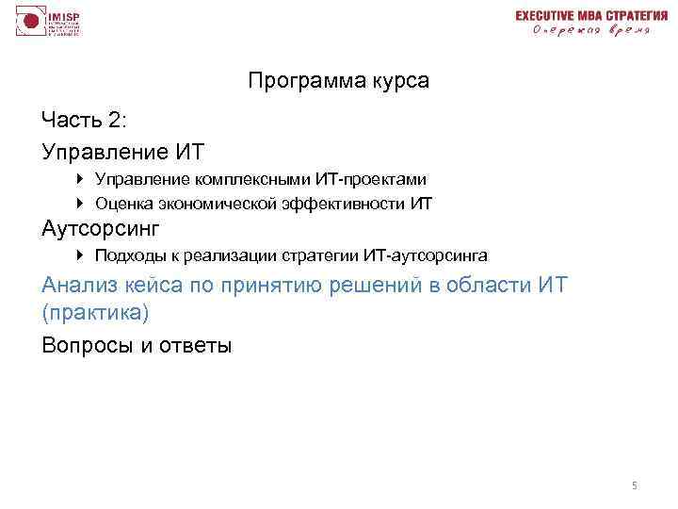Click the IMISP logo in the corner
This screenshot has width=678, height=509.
[47, 22]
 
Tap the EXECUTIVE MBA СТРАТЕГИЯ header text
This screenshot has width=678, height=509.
[585, 15]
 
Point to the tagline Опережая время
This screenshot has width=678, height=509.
[590, 31]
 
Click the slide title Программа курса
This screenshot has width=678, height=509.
[339, 81]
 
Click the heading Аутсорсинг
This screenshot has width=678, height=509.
[102, 228]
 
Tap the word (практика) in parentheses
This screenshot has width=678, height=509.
[96, 312]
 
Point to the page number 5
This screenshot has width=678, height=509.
[634, 485]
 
